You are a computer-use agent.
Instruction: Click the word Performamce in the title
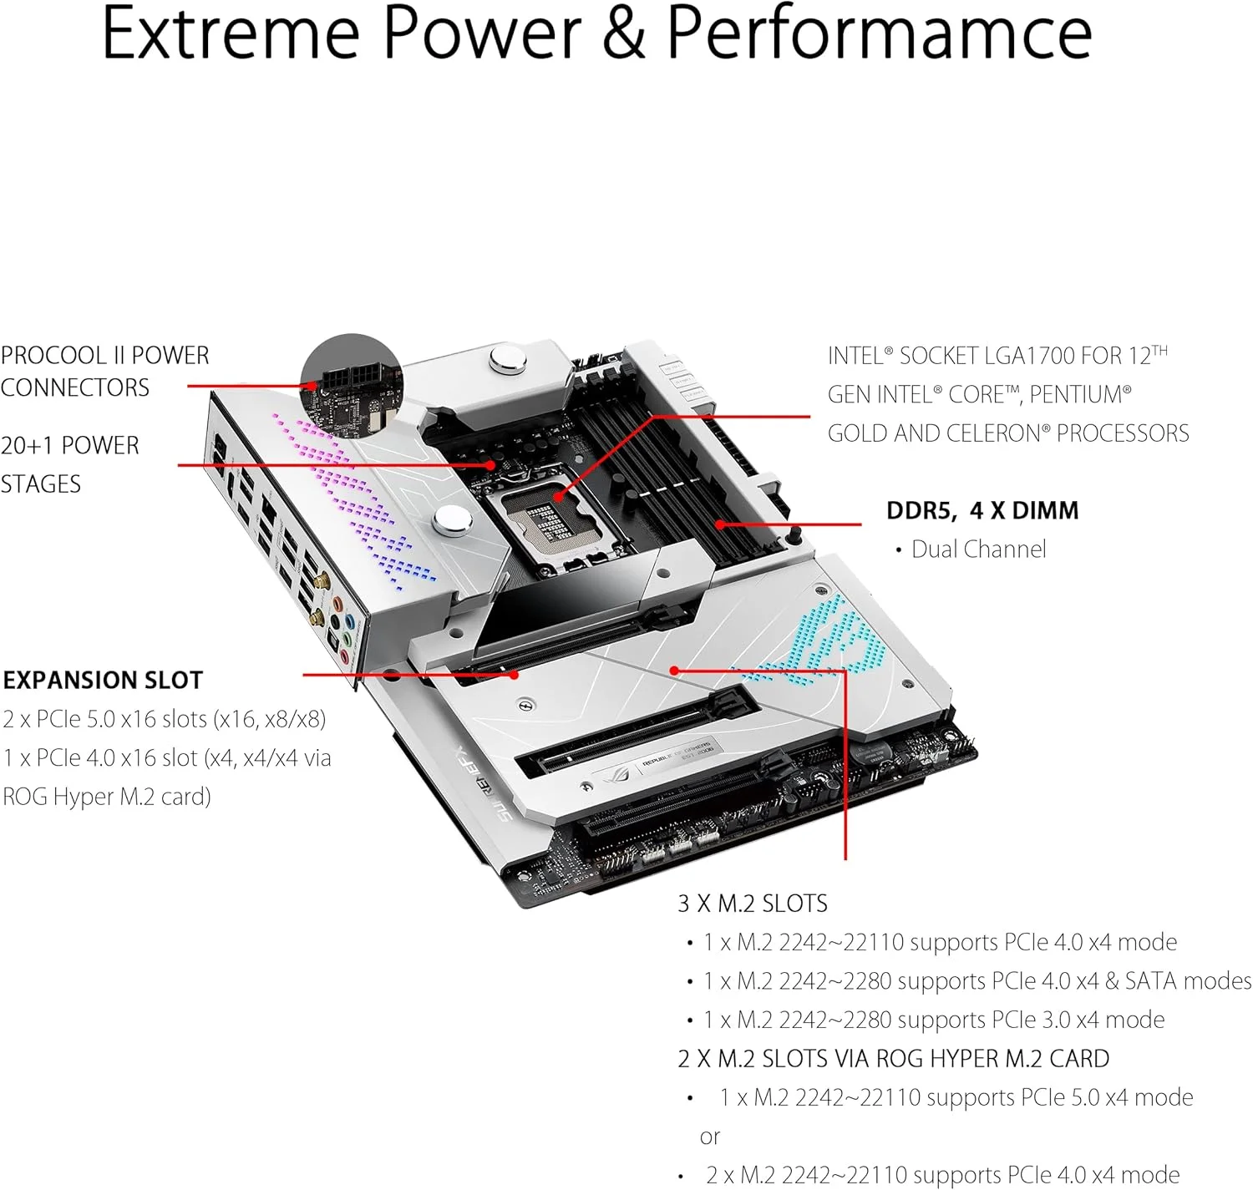(x=879, y=33)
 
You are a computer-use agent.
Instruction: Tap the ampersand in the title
(x=624, y=33)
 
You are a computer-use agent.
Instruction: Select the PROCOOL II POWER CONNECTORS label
(x=104, y=372)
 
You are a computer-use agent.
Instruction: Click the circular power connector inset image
(x=352, y=383)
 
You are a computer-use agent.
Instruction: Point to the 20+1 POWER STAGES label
(x=69, y=464)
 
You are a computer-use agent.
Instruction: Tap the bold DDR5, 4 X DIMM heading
(x=982, y=510)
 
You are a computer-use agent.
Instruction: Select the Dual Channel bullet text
(x=978, y=549)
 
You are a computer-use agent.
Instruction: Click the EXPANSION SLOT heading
(x=103, y=681)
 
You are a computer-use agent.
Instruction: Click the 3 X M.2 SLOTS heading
(x=753, y=904)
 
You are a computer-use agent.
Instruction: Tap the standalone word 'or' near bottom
(x=710, y=1137)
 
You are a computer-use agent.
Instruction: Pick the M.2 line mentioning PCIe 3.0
(x=933, y=1020)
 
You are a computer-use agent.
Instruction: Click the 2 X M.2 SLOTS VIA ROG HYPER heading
(x=893, y=1059)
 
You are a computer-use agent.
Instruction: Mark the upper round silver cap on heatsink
(x=508, y=361)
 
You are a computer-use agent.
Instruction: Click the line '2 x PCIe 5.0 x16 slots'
(x=165, y=719)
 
